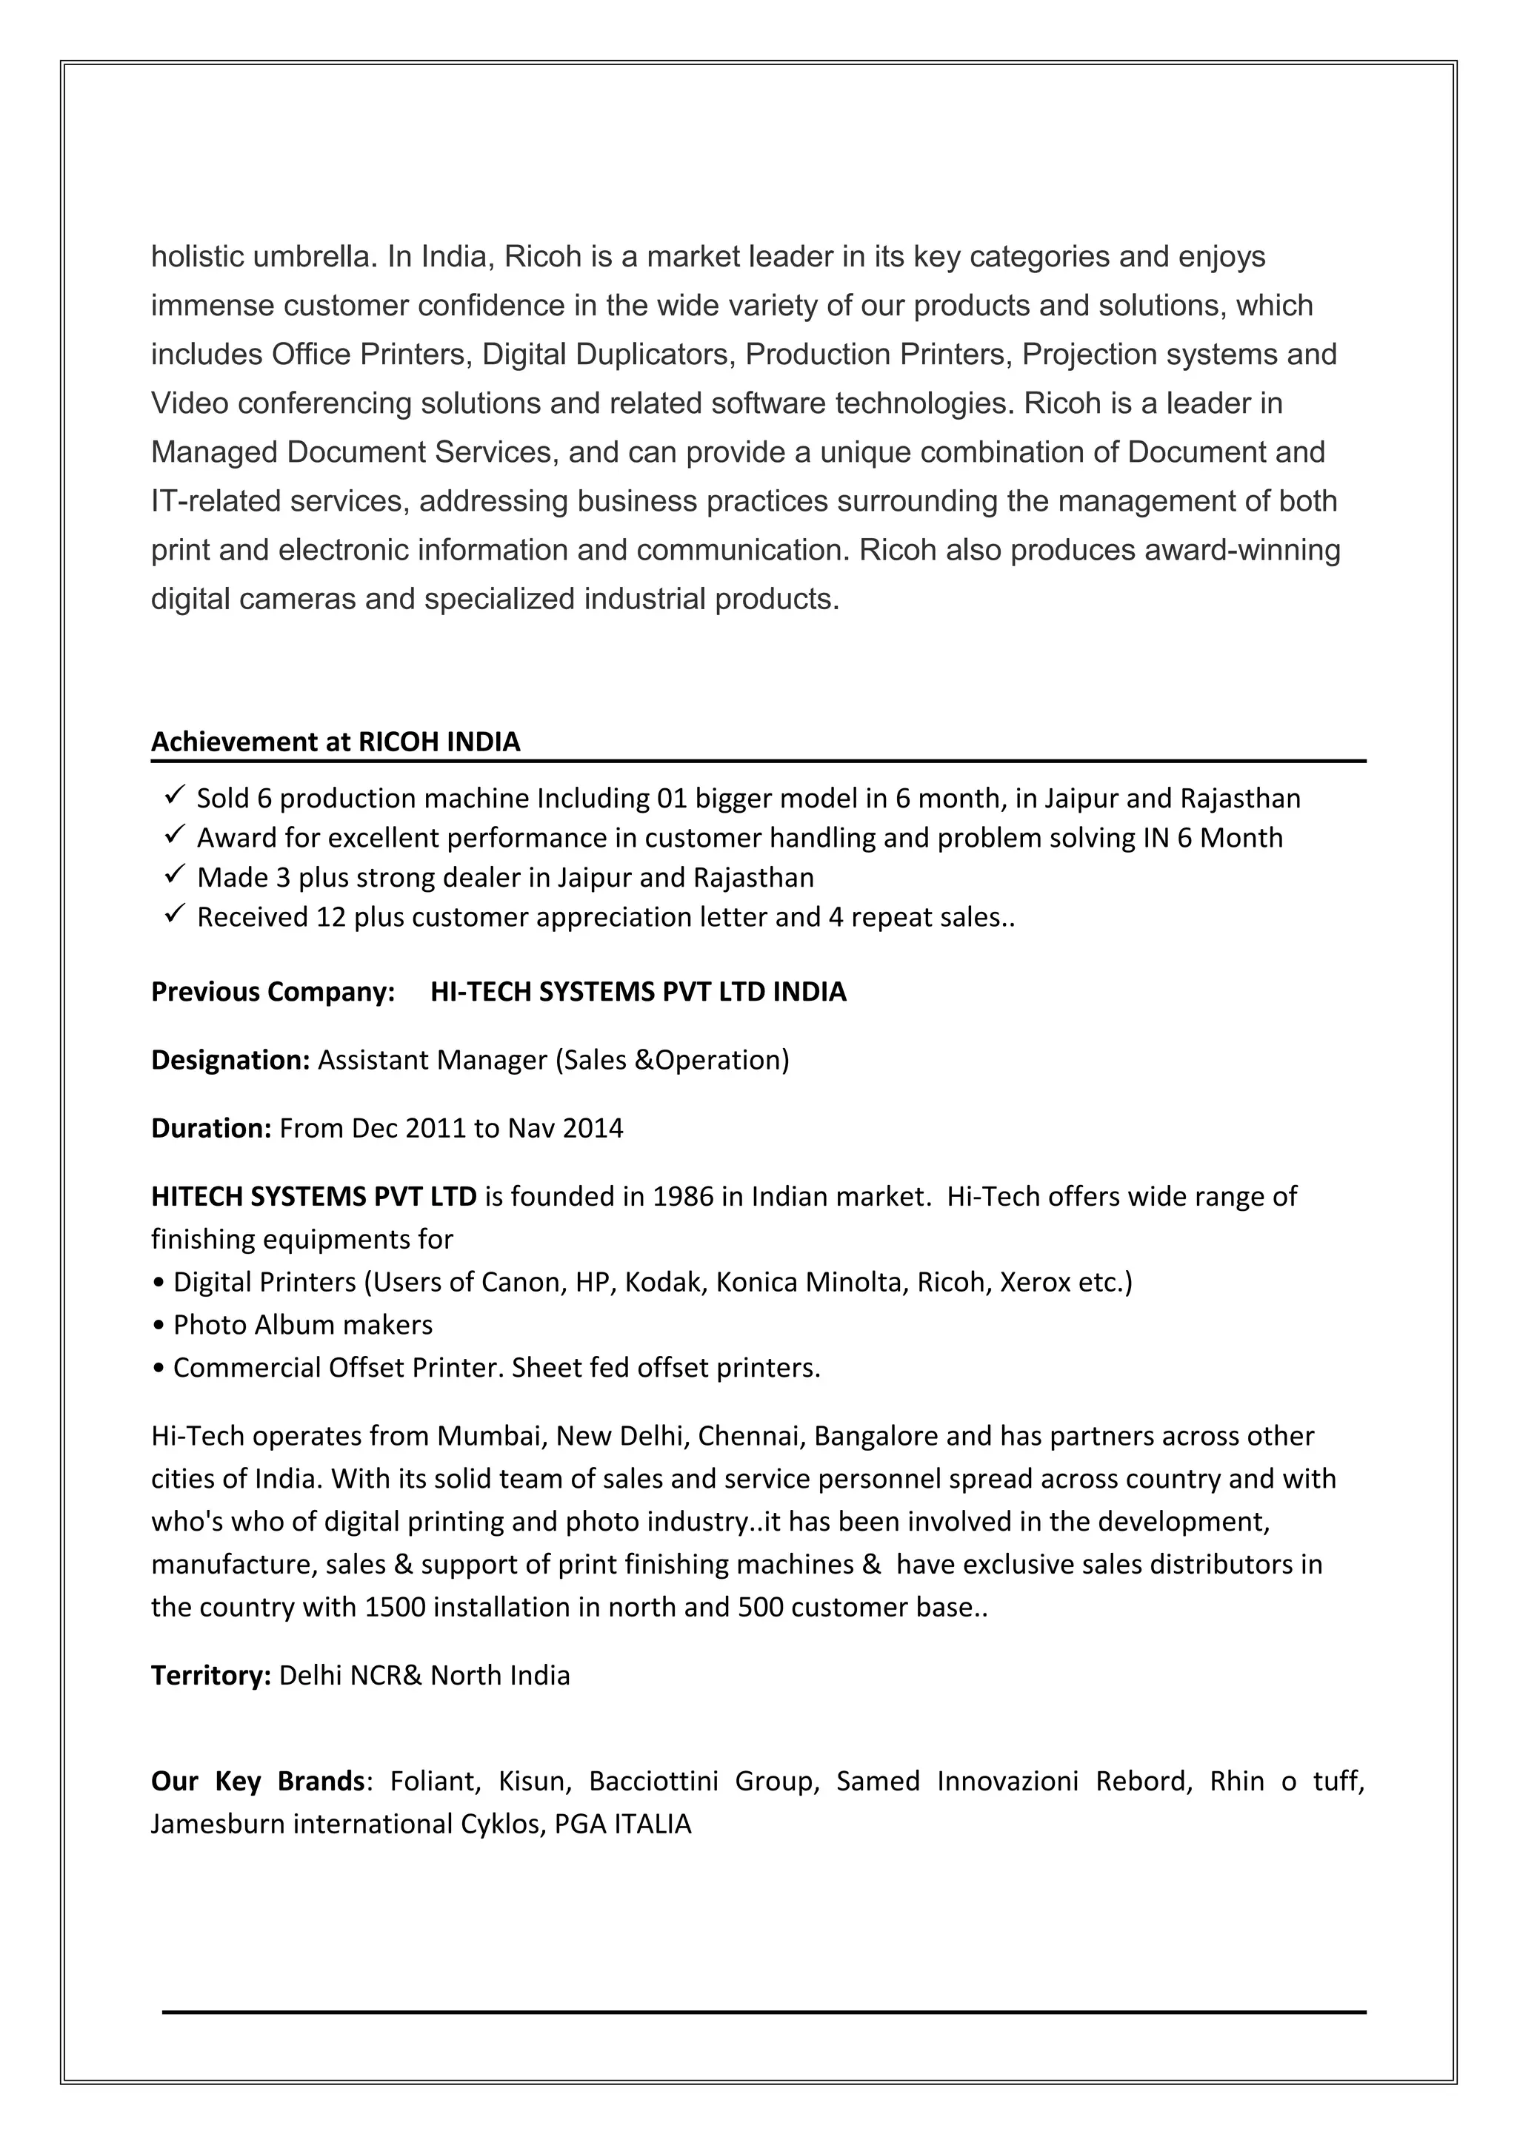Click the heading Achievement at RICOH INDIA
336,742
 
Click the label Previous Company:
273,991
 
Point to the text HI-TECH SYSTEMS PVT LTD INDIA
639,991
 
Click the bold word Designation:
230,1059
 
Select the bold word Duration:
211,1127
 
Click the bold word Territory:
211,1675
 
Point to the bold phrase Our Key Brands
257,1781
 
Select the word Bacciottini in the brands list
653,1781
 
